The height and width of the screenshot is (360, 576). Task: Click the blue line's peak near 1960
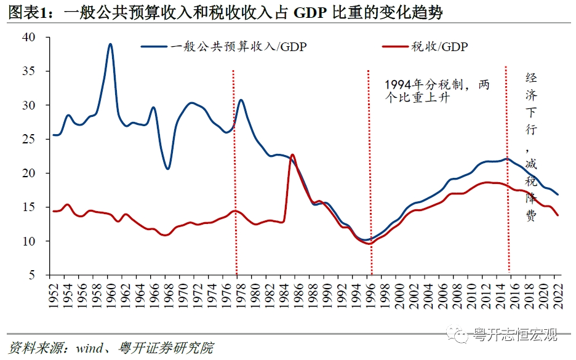(110, 44)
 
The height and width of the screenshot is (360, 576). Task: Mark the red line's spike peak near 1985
(292, 154)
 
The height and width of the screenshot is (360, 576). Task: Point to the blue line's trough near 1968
(167, 169)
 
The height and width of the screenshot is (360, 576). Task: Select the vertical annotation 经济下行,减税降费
(530, 147)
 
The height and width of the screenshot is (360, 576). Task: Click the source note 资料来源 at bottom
(111, 348)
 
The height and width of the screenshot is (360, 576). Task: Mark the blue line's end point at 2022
(558, 194)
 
